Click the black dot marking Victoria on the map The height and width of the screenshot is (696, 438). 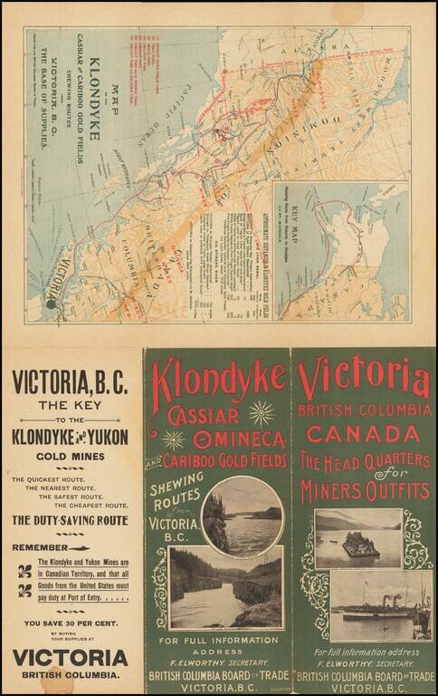52,304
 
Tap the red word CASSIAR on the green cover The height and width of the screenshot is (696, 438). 205,416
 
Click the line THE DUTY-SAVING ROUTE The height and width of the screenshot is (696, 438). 70,520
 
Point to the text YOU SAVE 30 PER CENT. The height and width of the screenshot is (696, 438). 71,623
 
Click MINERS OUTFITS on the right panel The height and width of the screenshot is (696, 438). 365,491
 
